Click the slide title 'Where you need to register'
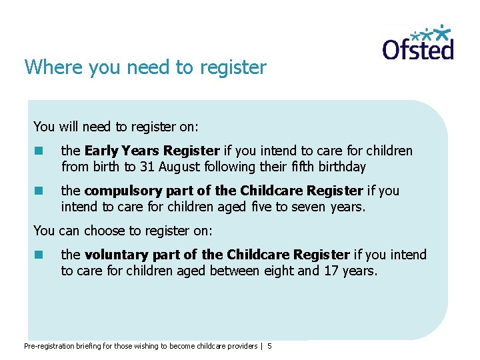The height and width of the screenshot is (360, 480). tap(145, 67)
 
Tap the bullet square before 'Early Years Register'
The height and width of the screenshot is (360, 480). tap(39, 151)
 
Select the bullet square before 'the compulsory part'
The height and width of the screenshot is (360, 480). tap(39, 191)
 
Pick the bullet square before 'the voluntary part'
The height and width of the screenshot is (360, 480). tap(39, 255)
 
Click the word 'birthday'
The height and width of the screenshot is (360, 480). tap(341, 167)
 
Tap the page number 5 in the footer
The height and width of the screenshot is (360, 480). tap(269, 346)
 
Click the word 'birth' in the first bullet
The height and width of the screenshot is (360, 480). tap(104, 167)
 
